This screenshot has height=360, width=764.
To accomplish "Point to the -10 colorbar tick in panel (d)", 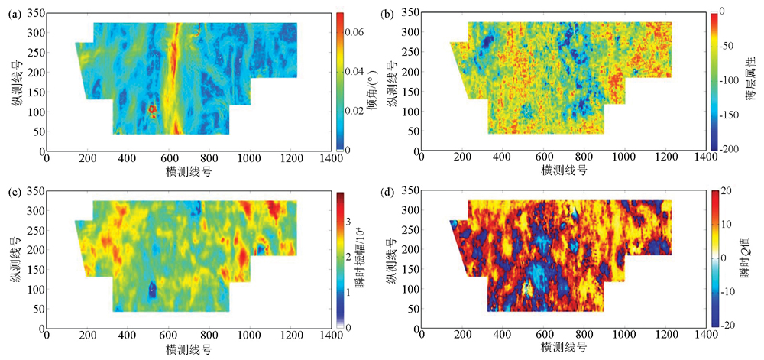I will point(727,291).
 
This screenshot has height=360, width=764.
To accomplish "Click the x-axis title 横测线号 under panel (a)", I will point(188,172).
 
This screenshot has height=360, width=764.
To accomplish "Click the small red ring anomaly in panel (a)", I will point(152,110).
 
